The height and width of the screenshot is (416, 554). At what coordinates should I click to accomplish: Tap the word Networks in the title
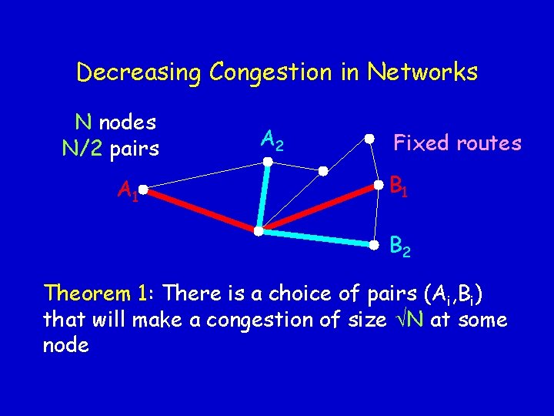[x=422, y=72]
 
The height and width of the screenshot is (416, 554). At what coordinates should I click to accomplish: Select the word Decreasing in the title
[x=138, y=73]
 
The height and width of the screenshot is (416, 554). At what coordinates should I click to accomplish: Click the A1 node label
[x=128, y=190]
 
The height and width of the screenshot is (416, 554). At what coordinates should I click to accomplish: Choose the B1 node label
[x=399, y=186]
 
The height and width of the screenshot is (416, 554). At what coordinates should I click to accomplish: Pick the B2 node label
[x=399, y=247]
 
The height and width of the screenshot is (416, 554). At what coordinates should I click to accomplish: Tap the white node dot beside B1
[x=378, y=185]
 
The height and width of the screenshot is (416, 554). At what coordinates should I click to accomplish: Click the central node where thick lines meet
[x=259, y=230]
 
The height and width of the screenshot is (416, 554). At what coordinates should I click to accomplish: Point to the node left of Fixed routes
[x=369, y=139]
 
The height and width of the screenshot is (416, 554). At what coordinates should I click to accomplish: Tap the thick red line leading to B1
[x=319, y=207]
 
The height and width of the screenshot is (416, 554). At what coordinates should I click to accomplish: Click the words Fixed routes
[x=457, y=143]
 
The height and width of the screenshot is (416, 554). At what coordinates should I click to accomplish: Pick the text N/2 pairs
[x=110, y=147]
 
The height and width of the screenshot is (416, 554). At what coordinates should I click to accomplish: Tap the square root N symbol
[x=405, y=319]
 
